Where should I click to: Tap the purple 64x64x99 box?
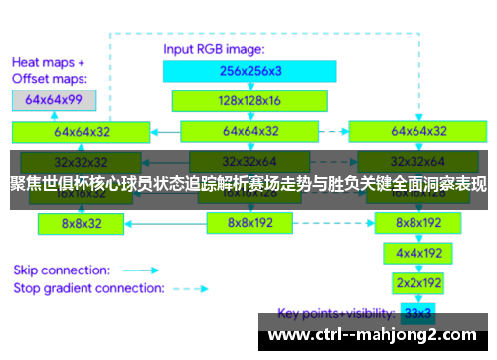(55, 100)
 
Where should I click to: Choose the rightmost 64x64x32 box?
(417, 131)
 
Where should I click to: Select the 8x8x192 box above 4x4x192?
(417, 224)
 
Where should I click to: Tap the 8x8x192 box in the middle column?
(250, 224)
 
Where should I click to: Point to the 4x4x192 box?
(417, 253)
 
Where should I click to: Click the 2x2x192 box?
(417, 282)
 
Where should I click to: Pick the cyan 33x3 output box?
(417, 312)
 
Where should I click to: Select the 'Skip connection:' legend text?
(62, 269)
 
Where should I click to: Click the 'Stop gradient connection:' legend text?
(87, 288)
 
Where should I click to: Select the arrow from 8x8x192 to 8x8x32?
(164, 224)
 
